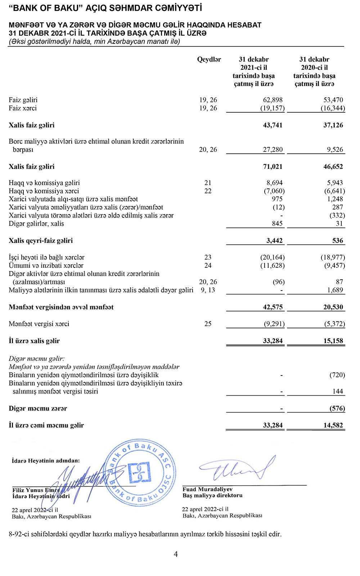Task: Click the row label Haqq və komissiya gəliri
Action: click(44, 183)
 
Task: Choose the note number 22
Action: click(208, 191)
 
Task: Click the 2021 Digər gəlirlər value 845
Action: click(277, 224)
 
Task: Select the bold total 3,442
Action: click(274, 241)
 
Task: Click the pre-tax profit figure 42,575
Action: click(273, 307)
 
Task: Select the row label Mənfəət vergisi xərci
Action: click(39, 324)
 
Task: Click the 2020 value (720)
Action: click(337, 375)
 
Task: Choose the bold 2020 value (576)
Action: click(337, 409)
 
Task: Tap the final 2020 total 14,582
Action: click(333, 426)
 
